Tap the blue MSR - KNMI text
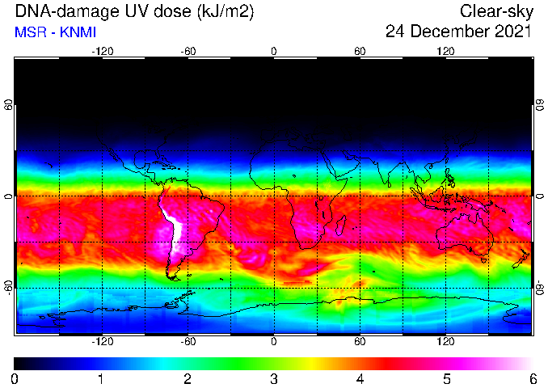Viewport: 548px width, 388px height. click(55, 32)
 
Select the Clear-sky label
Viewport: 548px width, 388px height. click(496, 12)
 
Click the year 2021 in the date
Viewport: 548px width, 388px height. click(512, 32)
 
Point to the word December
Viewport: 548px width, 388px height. click(449, 32)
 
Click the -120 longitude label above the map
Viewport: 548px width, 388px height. click(103, 52)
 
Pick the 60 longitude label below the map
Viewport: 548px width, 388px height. click(360, 341)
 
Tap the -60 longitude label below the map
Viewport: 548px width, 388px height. click(188, 341)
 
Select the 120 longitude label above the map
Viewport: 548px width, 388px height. click(445, 52)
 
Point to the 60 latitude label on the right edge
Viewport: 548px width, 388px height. click(540, 105)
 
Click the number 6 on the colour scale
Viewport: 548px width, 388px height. click(533, 379)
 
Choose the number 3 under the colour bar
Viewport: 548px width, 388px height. click(274, 379)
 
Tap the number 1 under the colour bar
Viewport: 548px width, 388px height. click(101, 379)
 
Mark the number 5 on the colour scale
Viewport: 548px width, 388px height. click(446, 379)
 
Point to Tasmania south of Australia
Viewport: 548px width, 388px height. click(483, 260)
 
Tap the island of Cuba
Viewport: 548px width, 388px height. click(163, 165)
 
